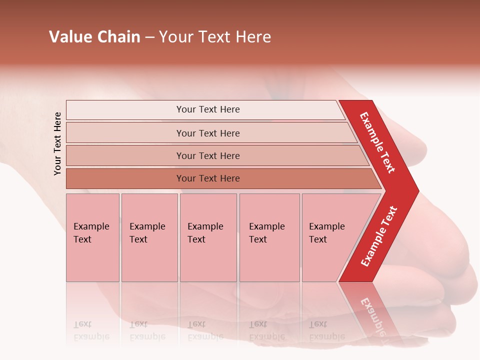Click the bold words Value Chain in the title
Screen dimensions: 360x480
(x=94, y=37)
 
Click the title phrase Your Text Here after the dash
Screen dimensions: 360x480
(x=215, y=37)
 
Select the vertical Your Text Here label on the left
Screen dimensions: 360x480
(x=58, y=144)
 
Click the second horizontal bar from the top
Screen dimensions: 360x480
(x=207, y=133)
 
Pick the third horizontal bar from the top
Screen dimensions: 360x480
(x=207, y=155)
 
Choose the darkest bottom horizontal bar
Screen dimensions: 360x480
(x=207, y=178)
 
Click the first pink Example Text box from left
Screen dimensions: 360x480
(x=92, y=237)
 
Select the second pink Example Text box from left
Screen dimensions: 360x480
(x=149, y=237)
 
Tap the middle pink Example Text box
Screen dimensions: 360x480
(x=208, y=237)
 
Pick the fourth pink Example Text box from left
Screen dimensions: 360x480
(x=269, y=237)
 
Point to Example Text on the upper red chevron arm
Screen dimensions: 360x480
(x=377, y=142)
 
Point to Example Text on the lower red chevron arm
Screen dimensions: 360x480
(x=379, y=236)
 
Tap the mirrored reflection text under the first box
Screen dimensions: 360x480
(x=91, y=330)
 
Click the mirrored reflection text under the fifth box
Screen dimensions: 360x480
(x=326, y=330)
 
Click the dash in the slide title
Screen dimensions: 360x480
(x=149, y=37)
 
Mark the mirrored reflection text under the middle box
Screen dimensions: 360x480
(x=205, y=330)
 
